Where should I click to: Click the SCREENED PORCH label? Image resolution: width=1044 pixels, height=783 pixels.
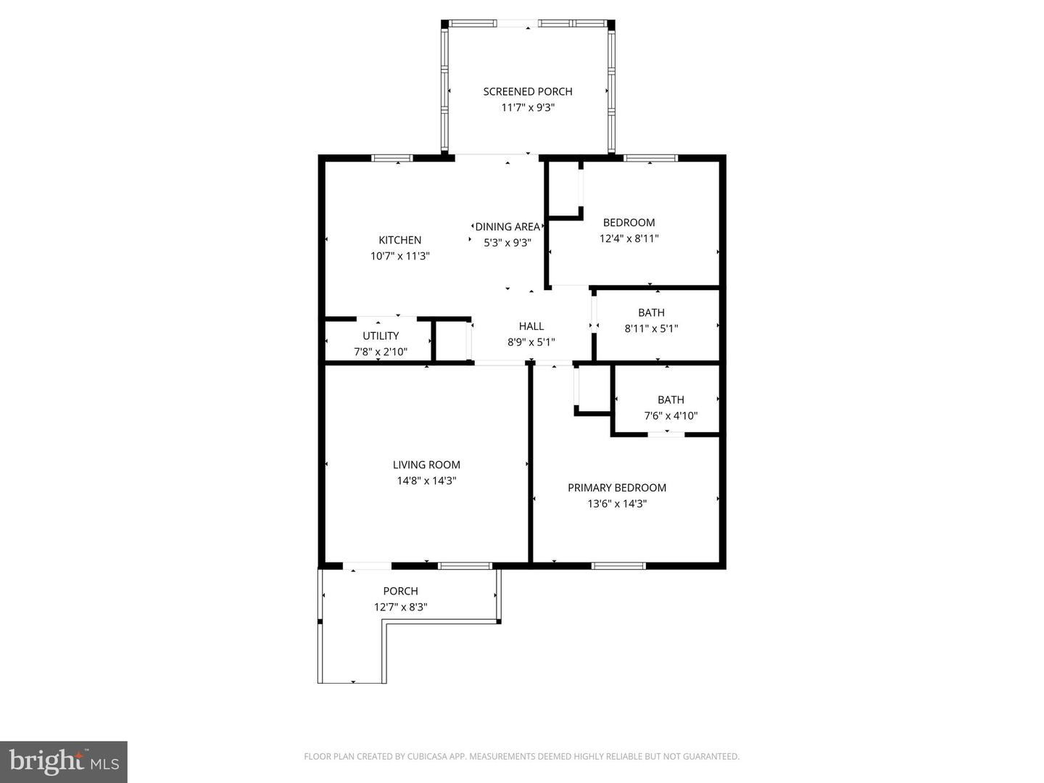[527, 91]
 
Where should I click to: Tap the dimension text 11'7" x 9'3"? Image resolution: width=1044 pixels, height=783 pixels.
[527, 107]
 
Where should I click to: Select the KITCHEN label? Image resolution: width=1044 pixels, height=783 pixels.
[399, 240]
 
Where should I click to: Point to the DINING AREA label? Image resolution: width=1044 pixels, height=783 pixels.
[507, 227]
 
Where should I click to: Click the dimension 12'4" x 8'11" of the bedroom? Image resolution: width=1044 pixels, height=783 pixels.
[629, 239]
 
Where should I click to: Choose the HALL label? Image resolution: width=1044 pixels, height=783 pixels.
[531, 326]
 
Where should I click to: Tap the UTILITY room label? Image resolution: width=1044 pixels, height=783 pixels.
[381, 336]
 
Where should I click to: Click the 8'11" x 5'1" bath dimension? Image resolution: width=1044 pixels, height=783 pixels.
[651, 328]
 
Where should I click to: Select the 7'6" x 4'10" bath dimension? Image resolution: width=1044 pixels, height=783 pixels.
[671, 415]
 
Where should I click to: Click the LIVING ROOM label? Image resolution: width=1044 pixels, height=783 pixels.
[426, 465]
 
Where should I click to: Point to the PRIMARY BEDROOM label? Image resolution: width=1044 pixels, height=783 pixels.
[616, 488]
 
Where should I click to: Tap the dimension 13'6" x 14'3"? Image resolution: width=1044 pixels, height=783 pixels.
[616, 504]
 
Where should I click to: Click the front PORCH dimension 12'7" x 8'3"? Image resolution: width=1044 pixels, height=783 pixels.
[400, 608]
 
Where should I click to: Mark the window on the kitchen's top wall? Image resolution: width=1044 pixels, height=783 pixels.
[391, 157]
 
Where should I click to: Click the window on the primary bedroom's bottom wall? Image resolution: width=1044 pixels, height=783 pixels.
[618, 565]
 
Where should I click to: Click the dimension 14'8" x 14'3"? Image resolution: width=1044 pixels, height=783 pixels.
[426, 481]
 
